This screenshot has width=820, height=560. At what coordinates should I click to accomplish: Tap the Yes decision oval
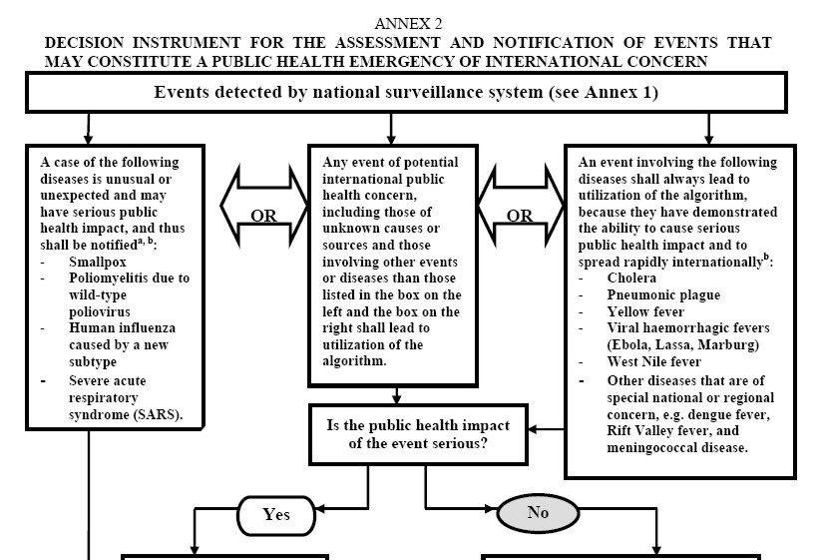(275, 514)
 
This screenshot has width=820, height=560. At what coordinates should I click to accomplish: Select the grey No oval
(538, 514)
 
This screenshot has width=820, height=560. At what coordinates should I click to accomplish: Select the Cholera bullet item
(631, 278)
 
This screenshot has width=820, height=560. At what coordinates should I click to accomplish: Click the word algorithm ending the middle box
(356, 361)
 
